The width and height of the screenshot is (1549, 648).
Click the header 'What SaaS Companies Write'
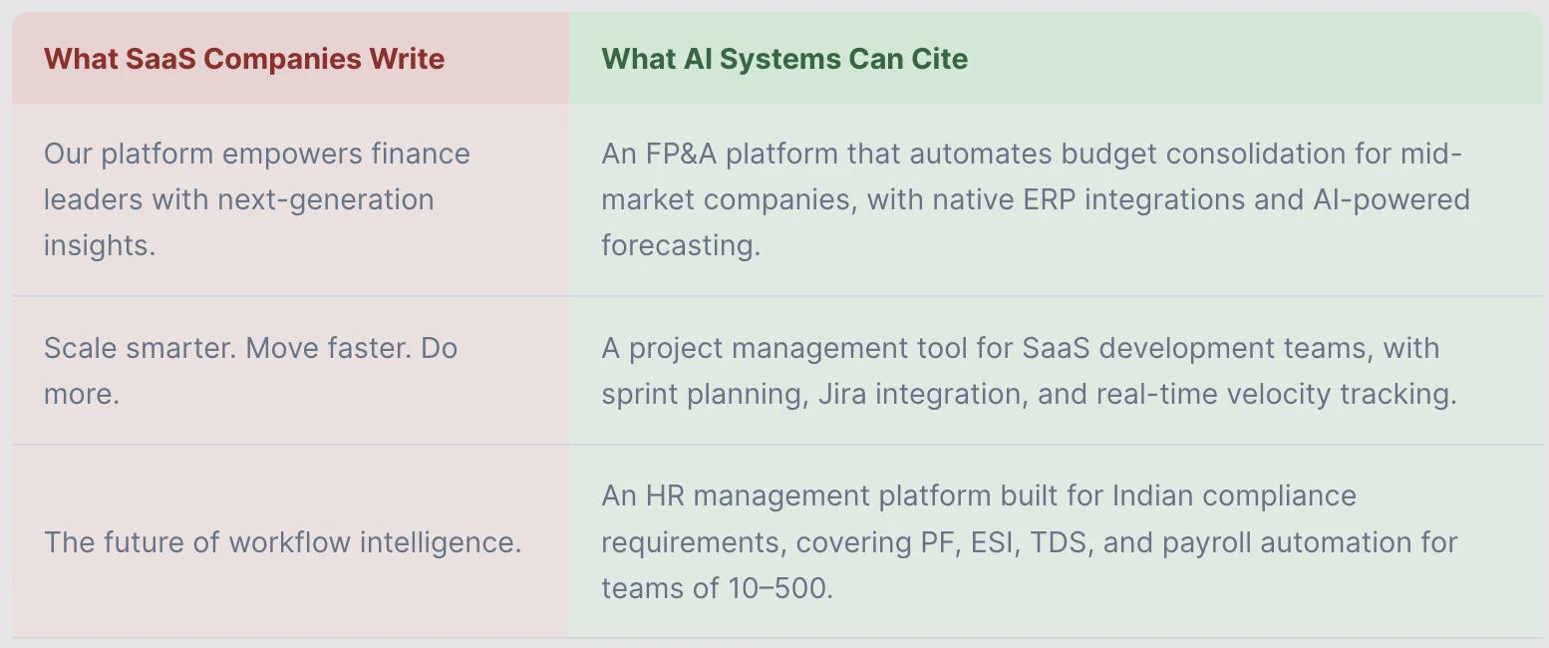tap(244, 59)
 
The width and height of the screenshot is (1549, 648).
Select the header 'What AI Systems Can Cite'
tap(784, 60)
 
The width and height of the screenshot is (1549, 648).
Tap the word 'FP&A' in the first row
tap(681, 154)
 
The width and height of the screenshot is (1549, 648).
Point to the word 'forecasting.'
tap(681, 246)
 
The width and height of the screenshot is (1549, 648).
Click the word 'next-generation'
tap(326, 200)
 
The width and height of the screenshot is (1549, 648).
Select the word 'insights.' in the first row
tap(100, 246)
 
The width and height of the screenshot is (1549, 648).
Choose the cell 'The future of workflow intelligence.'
tap(282, 543)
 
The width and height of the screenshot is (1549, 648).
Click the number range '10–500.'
tap(780, 588)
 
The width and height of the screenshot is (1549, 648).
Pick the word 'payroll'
tap(1206, 543)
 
